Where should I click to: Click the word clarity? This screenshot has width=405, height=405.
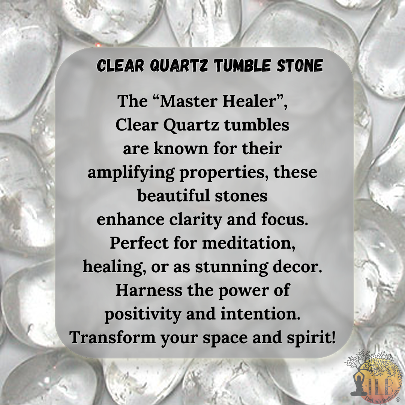[x=194, y=220]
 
